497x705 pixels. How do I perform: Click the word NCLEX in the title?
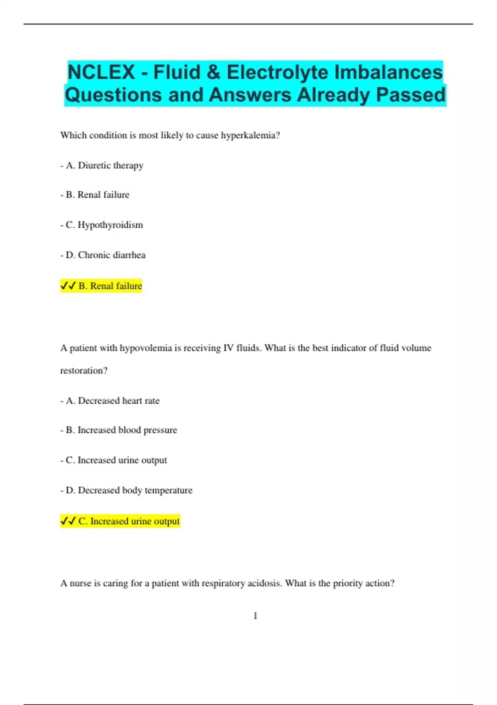(101, 73)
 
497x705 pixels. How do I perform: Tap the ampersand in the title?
(212, 73)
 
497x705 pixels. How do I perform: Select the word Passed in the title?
(410, 95)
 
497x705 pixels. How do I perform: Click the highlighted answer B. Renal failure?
(110, 286)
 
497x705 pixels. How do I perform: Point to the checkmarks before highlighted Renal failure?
(68, 286)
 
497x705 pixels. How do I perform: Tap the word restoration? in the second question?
(84, 371)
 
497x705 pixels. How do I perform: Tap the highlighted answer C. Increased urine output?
(129, 521)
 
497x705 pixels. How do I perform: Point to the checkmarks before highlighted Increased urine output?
(68, 521)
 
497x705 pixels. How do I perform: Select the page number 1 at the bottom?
(255, 616)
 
